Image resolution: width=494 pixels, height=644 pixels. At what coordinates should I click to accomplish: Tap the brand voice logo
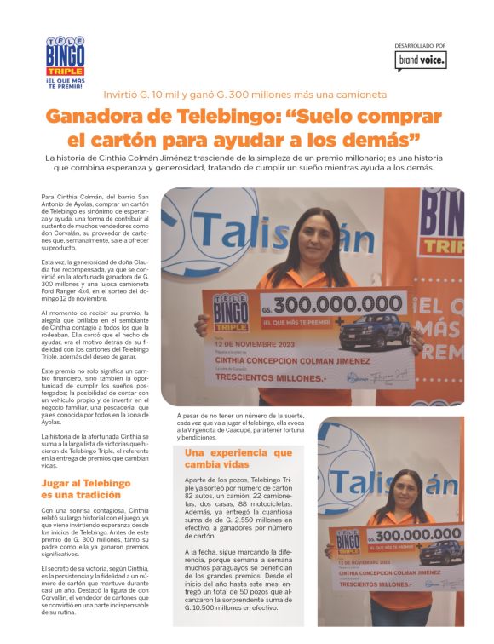pos(420,60)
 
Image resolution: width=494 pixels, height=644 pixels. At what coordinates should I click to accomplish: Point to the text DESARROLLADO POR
pos(420,45)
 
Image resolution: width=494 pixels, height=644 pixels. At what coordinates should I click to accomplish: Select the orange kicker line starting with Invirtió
pos(246,94)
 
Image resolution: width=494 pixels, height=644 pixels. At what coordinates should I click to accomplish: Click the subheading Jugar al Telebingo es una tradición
pos(86,488)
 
